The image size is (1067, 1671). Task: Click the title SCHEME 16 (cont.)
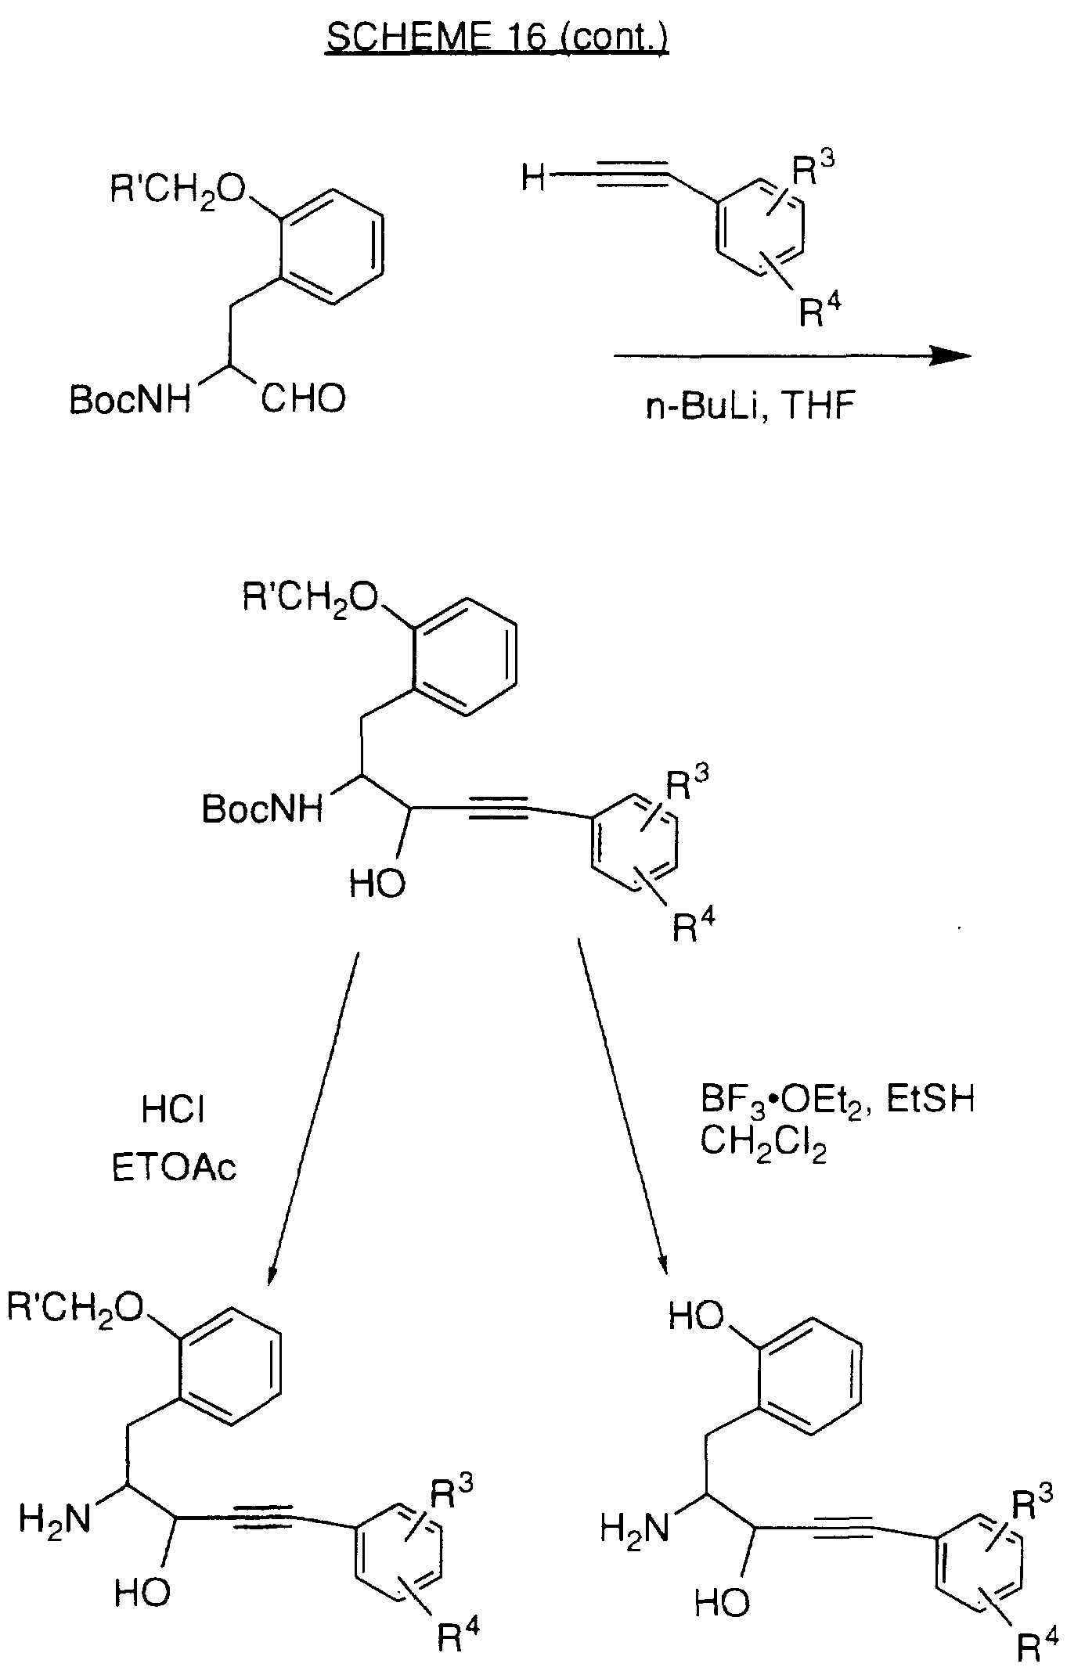click(x=497, y=37)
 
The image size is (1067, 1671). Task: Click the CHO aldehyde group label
click(x=303, y=399)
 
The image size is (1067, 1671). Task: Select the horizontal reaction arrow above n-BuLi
click(x=792, y=356)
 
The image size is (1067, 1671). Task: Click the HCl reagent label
click(x=174, y=1110)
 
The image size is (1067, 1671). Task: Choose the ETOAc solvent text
click(x=174, y=1168)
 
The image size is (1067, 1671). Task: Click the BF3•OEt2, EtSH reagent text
click(x=837, y=1100)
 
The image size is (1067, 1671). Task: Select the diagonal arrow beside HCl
click(x=312, y=1119)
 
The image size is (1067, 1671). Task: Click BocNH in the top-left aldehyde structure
click(x=130, y=400)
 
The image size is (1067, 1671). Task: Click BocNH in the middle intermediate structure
click(x=262, y=808)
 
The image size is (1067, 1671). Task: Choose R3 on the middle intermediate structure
click(x=687, y=787)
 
